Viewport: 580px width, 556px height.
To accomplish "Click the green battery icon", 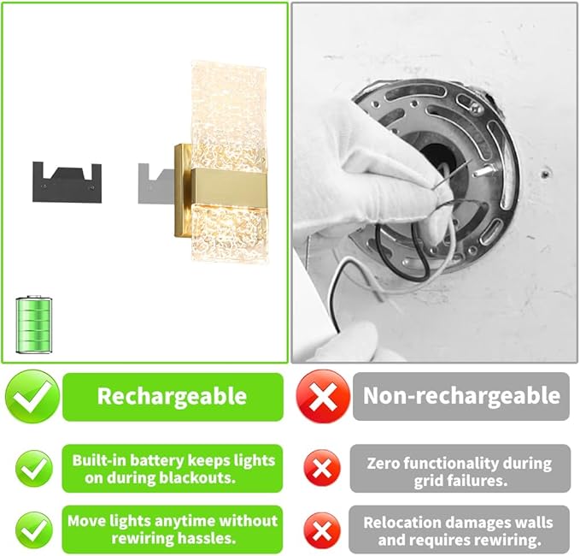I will tap(34, 325).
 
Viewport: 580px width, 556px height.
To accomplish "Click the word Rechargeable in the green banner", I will tap(172, 396).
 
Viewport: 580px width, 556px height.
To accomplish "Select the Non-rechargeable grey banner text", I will tap(461, 396).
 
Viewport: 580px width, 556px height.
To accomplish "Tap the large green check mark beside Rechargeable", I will tap(32, 396).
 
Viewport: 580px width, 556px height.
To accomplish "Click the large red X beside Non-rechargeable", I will tap(323, 396).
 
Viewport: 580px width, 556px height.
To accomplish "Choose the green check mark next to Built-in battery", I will tap(32, 469).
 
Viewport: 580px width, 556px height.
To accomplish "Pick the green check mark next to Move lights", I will tap(32, 529).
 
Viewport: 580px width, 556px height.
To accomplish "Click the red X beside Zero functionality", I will tap(322, 469).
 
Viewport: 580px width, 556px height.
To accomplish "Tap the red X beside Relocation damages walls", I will tap(322, 529).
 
